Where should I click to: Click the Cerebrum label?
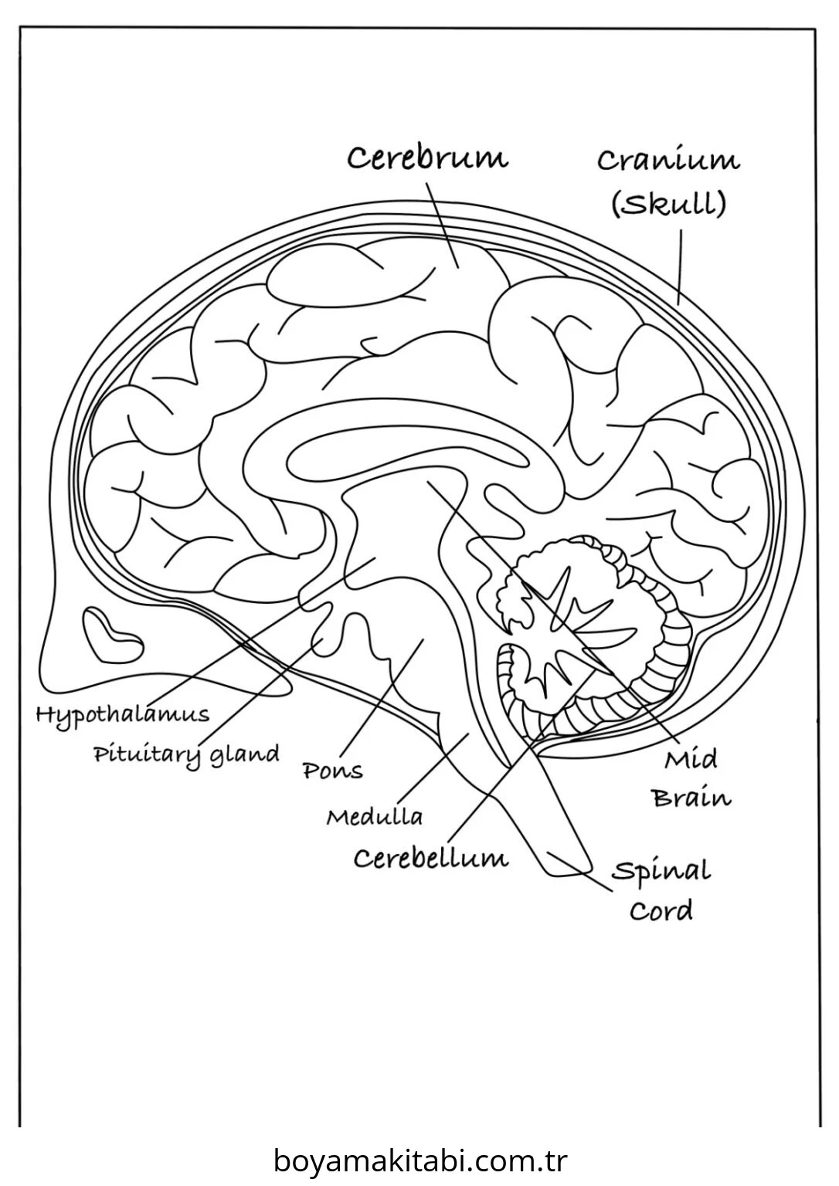click(427, 158)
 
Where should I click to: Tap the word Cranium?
click(668, 160)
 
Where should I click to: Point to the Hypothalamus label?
click(122, 716)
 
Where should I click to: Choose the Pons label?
click(333, 771)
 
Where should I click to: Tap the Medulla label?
click(375, 817)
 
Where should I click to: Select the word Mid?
click(690, 760)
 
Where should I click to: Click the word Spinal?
click(661, 872)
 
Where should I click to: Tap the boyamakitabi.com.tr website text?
click(420, 1161)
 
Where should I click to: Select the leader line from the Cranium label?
click(680, 267)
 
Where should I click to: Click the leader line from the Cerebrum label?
click(443, 225)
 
